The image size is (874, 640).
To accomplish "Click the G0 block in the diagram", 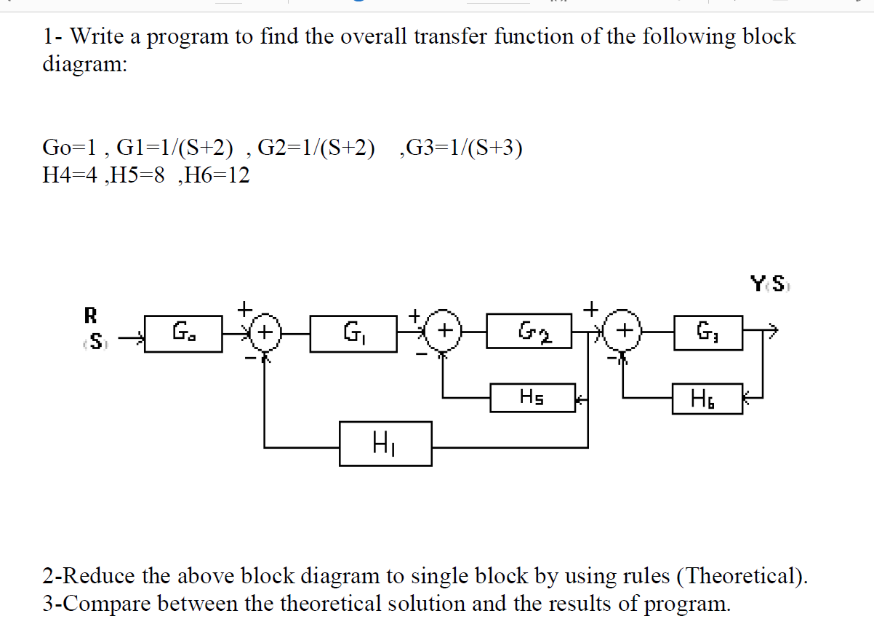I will [x=183, y=334].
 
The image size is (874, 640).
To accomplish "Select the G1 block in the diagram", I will [x=353, y=334].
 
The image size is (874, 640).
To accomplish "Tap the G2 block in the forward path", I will [x=529, y=334].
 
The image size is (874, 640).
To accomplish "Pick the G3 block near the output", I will [x=707, y=334].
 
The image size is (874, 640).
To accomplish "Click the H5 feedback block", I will [x=533, y=397].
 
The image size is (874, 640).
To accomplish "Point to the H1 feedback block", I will [x=385, y=443].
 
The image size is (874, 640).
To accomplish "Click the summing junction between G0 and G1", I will [x=266, y=334].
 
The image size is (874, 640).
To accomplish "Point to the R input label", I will [x=91, y=316].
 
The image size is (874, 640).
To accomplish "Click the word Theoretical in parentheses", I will [x=742, y=576].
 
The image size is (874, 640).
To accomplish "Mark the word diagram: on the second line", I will [x=84, y=64].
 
